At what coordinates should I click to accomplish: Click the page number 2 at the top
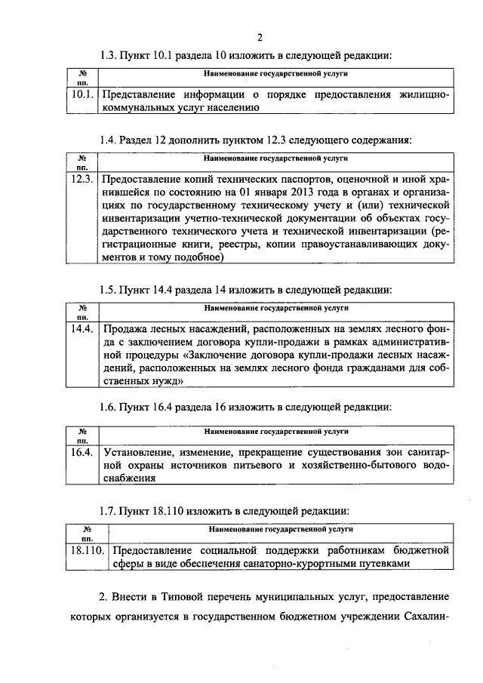click(x=259, y=38)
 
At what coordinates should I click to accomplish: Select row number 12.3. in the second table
click(x=81, y=180)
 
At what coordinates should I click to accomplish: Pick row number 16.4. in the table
click(x=81, y=452)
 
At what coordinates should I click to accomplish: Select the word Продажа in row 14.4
click(x=125, y=329)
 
